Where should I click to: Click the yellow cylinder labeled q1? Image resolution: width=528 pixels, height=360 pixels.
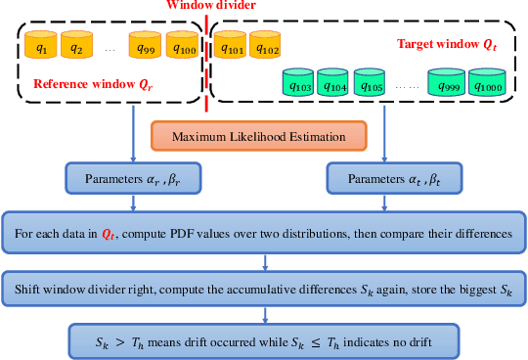tap(41, 45)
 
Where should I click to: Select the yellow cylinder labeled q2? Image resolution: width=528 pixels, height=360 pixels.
tap(76, 45)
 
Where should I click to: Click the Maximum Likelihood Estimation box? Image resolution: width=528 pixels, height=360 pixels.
tap(258, 136)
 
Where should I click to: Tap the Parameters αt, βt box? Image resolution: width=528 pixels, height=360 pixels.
tap(392, 179)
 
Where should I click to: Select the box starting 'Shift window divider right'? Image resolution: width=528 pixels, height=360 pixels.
tap(265, 292)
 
